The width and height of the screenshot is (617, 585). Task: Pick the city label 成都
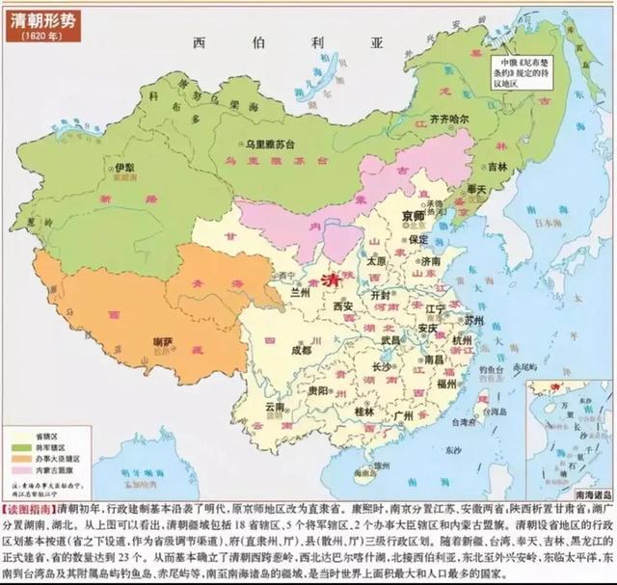tap(302, 351)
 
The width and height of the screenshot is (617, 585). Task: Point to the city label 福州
tap(444, 384)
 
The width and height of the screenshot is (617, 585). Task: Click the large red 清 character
tap(335, 278)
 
